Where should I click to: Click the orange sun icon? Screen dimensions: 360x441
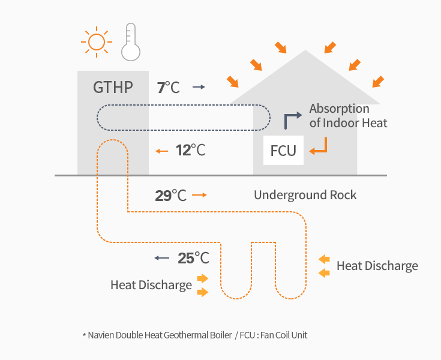point(96,42)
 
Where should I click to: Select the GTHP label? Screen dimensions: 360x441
point(113,88)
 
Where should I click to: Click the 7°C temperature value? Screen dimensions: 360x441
point(168,88)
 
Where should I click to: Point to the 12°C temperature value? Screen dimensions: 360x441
point(190,150)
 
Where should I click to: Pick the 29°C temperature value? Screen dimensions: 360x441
point(170,196)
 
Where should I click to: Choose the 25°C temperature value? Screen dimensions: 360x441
point(193,258)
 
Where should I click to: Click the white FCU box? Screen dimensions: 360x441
point(283,150)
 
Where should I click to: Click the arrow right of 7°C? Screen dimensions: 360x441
point(199,88)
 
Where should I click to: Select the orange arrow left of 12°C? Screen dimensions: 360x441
point(161,151)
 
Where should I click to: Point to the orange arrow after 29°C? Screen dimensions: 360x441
point(200,196)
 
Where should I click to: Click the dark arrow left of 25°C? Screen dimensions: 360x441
point(161,258)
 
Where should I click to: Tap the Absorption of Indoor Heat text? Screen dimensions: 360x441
point(348,116)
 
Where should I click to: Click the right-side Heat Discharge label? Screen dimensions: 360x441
point(377,266)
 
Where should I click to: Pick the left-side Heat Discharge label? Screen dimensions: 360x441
point(151,285)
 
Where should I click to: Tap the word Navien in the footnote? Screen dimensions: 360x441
point(101,335)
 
